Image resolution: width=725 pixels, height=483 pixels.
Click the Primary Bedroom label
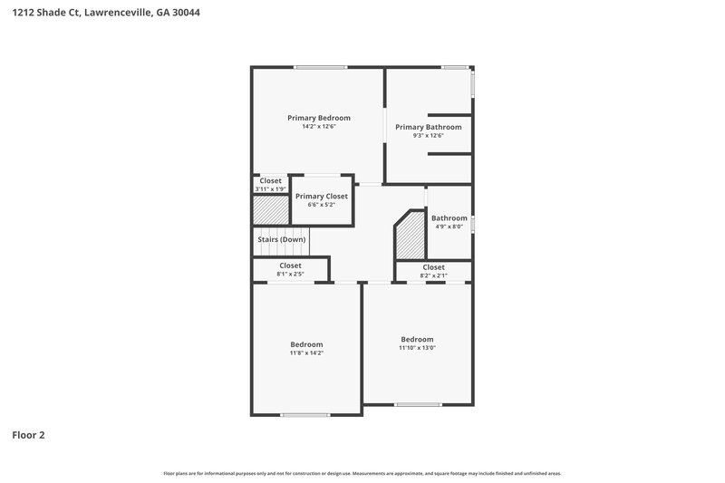(318, 118)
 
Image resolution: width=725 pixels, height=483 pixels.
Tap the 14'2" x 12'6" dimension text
(318, 127)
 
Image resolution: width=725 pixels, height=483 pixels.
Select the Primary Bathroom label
(428, 127)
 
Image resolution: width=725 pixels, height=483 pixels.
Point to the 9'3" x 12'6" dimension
(428, 136)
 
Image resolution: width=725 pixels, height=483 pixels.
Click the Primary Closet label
(321, 196)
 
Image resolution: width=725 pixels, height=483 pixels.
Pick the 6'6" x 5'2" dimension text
(321, 205)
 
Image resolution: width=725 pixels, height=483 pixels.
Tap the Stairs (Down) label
(281, 239)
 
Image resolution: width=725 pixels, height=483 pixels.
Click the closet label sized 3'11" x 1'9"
(270, 180)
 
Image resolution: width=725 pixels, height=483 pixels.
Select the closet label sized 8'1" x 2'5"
(290, 266)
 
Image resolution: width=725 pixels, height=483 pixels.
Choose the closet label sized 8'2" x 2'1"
(433, 267)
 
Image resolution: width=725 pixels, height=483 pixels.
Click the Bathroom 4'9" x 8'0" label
(449, 218)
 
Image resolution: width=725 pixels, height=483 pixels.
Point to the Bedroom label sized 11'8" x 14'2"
(306, 344)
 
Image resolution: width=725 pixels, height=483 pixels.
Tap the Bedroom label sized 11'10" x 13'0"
(417, 339)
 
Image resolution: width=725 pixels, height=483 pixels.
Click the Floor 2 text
(28, 435)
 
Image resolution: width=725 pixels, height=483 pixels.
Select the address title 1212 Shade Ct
(100, 14)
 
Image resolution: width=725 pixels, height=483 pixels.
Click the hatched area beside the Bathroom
(411, 237)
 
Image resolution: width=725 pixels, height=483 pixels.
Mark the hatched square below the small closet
(270, 209)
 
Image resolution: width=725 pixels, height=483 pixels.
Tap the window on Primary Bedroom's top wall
(320, 67)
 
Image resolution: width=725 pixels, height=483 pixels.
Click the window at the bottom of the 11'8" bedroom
(304, 415)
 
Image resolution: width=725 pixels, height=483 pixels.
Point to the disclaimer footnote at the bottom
(362, 473)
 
